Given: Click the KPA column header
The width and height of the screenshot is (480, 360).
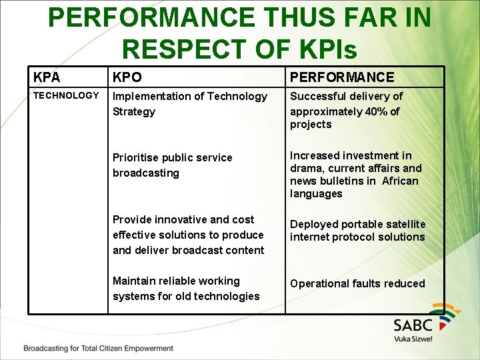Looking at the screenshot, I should [47, 77].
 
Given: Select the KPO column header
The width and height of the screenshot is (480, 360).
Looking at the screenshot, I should [127, 77].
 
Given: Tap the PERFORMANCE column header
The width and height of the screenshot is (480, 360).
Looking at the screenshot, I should [342, 77].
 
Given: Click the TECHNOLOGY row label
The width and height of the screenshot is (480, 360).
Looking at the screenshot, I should [66, 95].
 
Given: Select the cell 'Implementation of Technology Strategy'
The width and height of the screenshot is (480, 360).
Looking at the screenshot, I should [189, 103].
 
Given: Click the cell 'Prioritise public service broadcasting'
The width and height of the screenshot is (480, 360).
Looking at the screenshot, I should [172, 165].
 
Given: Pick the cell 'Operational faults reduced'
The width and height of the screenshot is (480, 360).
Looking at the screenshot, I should [357, 283].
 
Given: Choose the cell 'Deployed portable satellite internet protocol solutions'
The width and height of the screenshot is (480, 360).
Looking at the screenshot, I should [357, 231].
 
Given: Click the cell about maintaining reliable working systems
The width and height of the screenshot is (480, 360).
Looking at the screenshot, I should [185, 289].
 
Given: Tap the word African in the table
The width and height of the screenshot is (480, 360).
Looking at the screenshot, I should [400, 181].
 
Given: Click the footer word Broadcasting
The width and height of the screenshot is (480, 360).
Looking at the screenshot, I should [48, 348].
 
